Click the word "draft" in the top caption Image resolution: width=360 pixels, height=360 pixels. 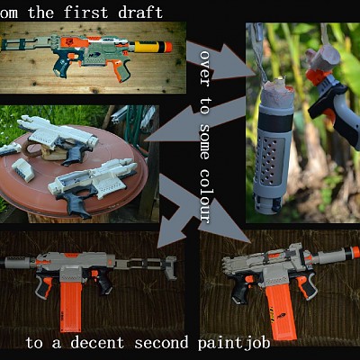pos(140,13)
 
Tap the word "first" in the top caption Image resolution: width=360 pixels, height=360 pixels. pos(85,13)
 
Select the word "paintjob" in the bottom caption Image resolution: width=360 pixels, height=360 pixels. pos(234,344)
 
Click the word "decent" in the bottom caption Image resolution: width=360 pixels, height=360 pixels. pos(97,343)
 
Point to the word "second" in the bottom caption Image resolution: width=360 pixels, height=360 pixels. pos(161,343)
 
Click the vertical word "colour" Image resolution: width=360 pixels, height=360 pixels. pos(204,196)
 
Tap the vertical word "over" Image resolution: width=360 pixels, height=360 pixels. pos(204,68)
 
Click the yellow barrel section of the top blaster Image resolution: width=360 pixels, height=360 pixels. pos(148,47)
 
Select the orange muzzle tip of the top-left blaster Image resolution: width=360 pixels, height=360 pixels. pos(168,47)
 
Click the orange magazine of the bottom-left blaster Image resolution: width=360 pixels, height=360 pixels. pos(71,307)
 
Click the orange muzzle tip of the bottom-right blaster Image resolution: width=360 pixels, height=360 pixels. pos(355,252)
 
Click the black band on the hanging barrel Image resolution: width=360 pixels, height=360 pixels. pos(275,122)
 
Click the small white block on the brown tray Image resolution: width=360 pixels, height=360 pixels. pos(23,169)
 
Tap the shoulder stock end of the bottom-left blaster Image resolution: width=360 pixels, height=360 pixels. pos(170,267)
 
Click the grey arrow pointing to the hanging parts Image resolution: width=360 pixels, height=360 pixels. pos(220,60)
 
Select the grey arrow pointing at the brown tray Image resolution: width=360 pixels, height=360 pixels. pos(196,120)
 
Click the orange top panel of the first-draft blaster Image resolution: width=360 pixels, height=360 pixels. pos(76,42)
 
